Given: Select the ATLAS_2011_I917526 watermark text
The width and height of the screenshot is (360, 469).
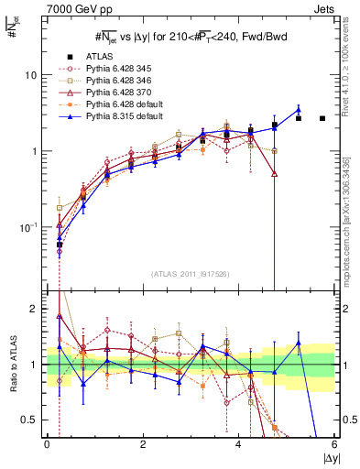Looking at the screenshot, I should [x=189, y=273].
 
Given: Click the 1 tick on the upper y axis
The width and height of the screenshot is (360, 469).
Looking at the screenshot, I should [x=38, y=150].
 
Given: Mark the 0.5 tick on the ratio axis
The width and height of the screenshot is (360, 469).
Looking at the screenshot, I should [x=33, y=420].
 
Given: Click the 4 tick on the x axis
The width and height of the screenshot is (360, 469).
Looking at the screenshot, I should [x=238, y=445].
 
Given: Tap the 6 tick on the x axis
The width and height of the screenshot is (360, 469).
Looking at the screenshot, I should [x=334, y=445].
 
